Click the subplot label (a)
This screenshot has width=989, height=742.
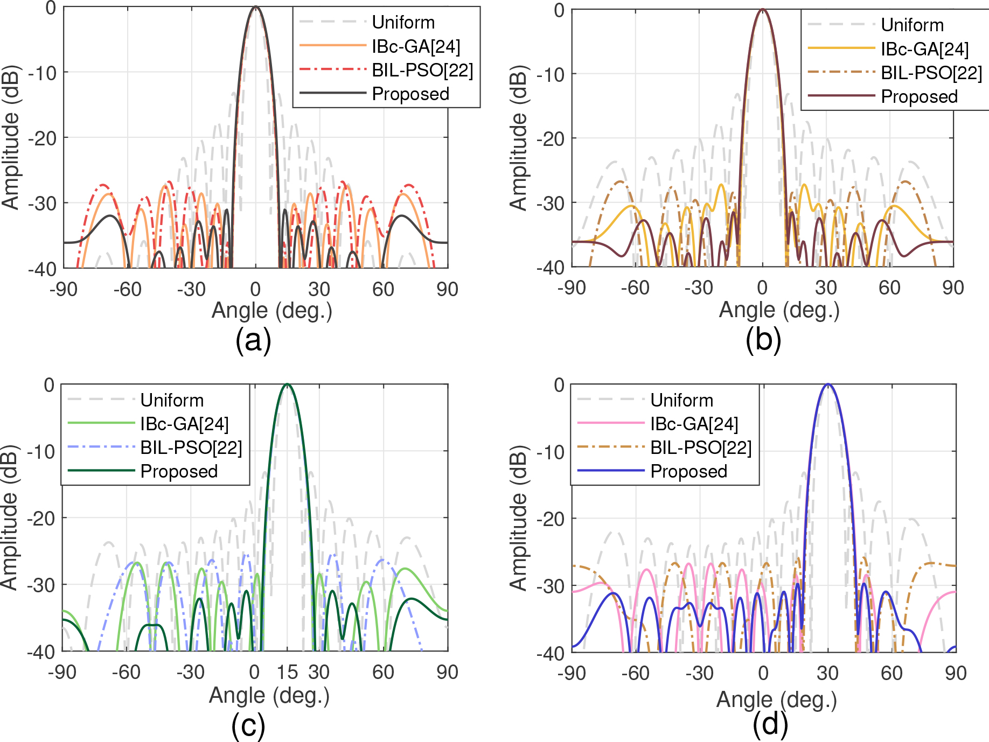[x=253, y=341]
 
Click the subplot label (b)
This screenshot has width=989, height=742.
[x=763, y=341]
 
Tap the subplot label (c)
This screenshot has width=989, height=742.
[x=248, y=725]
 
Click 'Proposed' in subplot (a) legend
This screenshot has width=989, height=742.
[x=410, y=94]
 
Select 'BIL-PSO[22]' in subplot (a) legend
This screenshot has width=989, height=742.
[x=422, y=70]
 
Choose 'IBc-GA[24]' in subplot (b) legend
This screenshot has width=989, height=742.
[x=925, y=49]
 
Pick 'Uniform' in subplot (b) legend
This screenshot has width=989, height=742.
[x=912, y=25]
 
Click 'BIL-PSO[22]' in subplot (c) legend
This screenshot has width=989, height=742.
[x=191, y=447]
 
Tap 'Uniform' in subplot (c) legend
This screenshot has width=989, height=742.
[x=172, y=400]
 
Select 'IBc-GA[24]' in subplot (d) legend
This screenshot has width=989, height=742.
[x=694, y=424]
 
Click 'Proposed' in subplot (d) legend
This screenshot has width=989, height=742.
[x=688, y=471]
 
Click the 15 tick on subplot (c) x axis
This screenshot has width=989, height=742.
[x=287, y=672]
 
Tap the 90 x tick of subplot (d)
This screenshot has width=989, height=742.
[x=956, y=673]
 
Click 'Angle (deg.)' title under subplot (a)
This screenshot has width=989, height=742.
[x=271, y=310]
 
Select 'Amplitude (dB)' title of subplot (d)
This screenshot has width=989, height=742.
[x=518, y=517]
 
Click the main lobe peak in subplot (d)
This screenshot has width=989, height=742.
[x=828, y=384]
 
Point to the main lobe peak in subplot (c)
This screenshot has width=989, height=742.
[x=287, y=384]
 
